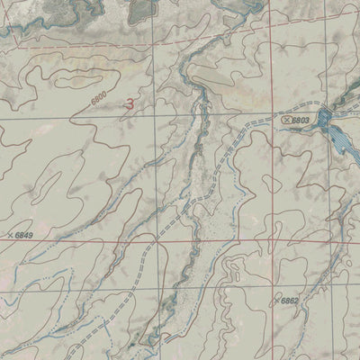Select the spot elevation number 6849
click(26, 236)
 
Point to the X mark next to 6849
click(10, 235)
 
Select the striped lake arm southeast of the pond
click(340, 141)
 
